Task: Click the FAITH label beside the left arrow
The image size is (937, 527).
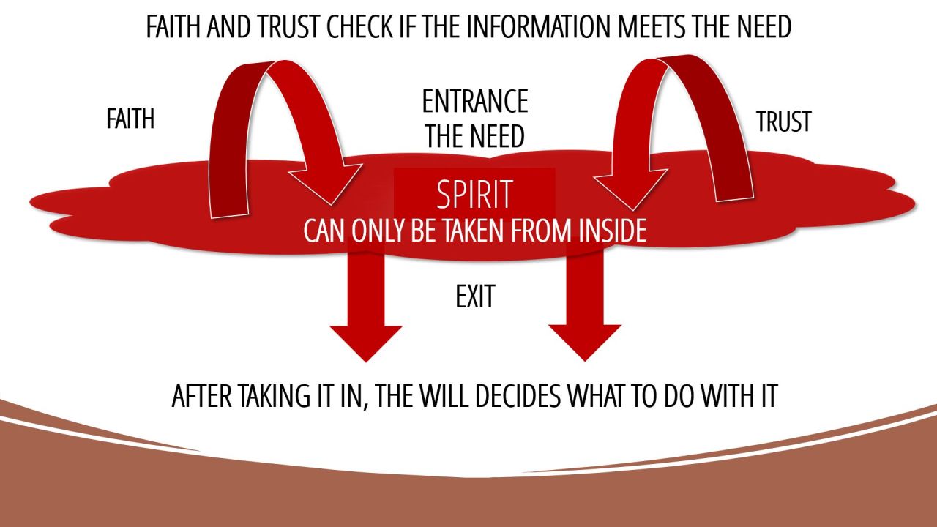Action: (x=130, y=119)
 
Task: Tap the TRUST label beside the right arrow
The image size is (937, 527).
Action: (x=783, y=122)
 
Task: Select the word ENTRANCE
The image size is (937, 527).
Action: (x=475, y=102)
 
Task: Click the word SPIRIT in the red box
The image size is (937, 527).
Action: (x=474, y=195)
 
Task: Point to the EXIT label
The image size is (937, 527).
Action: (x=475, y=297)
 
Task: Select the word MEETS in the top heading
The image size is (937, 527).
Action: (x=655, y=27)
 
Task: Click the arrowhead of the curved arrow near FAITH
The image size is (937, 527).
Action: (x=328, y=183)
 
